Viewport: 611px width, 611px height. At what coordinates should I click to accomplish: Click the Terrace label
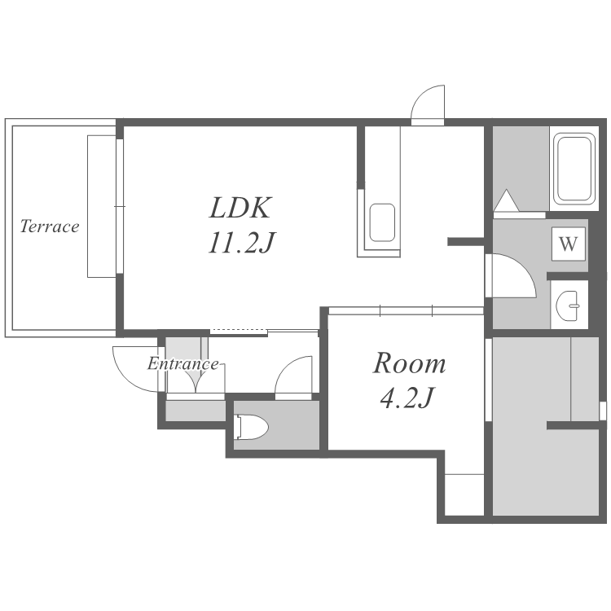point(50,226)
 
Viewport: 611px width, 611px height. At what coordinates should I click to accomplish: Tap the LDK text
point(240,208)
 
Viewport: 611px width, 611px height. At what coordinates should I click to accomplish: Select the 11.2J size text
point(242,243)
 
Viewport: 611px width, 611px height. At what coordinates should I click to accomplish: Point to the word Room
point(409,363)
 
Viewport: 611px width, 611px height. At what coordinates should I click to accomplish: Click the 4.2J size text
point(407,398)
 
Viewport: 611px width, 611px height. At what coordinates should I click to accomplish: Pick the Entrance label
point(182,364)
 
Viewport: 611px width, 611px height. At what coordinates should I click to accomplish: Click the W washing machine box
point(569,244)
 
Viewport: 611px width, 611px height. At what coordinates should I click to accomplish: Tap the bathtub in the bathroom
point(574,168)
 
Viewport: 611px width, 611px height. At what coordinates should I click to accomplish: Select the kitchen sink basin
point(382,222)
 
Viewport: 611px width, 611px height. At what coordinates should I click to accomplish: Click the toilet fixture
point(252,428)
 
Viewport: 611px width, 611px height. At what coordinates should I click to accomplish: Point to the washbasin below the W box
point(568,305)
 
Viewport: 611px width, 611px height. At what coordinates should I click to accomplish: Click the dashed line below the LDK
point(239,331)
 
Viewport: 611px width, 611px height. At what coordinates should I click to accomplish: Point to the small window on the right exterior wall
point(603,411)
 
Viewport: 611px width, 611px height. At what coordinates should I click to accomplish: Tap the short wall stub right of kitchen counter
point(466,242)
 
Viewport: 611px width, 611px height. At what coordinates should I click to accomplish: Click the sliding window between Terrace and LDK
point(120,206)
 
